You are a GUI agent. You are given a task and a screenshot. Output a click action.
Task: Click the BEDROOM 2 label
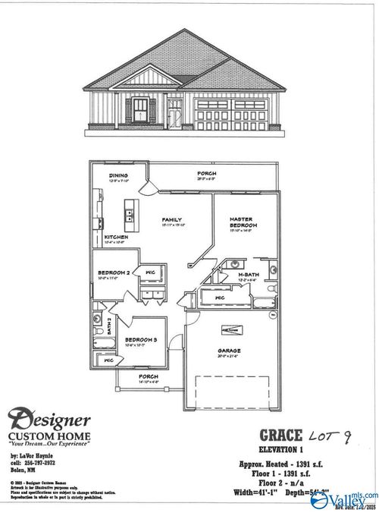tap(114, 272)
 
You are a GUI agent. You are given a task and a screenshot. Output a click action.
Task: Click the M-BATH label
tap(249, 274)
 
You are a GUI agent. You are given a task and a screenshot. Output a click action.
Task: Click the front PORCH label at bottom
tap(148, 376)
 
